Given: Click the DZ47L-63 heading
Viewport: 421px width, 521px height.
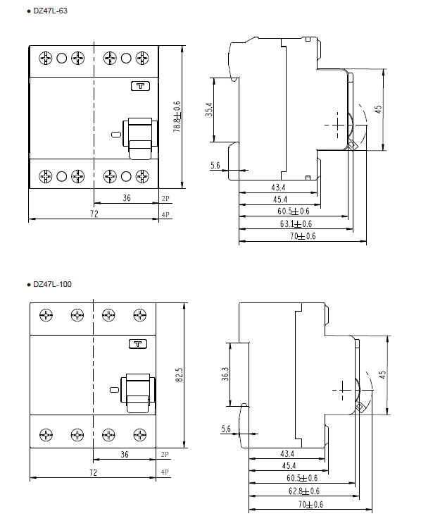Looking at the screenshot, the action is coord(50,11).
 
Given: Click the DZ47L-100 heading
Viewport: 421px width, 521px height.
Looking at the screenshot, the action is coord(52,284).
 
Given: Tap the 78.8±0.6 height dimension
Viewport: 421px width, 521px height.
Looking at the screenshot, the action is coord(177,116).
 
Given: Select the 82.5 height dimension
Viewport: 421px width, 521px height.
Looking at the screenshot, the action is coord(179,374).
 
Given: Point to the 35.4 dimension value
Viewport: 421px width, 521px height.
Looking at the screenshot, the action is coord(208,109).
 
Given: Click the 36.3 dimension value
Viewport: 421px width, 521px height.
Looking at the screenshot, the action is coord(225,374).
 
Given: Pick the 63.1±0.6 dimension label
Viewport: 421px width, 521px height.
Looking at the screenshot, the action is coord(296,223).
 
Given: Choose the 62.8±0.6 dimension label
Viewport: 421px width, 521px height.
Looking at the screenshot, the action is coord(304,491).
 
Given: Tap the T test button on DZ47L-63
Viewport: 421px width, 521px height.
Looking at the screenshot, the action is coord(141,86).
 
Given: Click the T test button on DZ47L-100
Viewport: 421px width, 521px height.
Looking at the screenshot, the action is coord(138,343).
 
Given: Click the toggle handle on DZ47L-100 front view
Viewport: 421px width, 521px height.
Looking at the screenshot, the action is coord(138,393).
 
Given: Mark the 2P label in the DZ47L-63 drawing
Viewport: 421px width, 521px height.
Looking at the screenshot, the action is coord(165,199).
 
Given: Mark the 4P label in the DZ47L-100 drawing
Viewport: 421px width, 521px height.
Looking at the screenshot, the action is coord(165,472).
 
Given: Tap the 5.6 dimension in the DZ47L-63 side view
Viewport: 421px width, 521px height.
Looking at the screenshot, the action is coord(215,165).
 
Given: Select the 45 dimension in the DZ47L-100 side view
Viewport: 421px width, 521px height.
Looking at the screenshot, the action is coord(382,375).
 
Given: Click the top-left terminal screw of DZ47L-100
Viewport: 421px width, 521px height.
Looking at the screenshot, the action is coord(46,315).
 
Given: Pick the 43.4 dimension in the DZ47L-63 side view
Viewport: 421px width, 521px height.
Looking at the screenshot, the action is coord(278,188).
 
